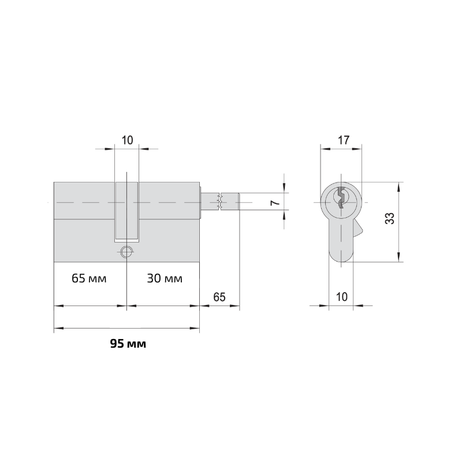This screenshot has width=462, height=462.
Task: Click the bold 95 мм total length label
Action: pyautogui.click(x=128, y=344)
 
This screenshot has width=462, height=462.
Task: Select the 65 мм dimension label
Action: pyautogui.click(x=89, y=278)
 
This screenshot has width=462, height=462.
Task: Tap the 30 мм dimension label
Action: pyautogui.click(x=165, y=278)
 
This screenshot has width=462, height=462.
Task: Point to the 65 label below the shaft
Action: pyautogui.click(x=219, y=297)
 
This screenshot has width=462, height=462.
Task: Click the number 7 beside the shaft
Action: pyautogui.click(x=275, y=203)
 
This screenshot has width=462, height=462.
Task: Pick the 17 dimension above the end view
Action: pyautogui.click(x=343, y=140)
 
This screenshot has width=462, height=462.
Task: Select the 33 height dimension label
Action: pyautogui.click(x=389, y=218)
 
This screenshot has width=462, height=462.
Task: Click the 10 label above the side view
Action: pyautogui.click(x=127, y=140)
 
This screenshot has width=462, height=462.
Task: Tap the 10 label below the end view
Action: pyautogui.click(x=342, y=297)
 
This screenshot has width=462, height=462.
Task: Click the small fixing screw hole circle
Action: pyautogui.click(x=126, y=252)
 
